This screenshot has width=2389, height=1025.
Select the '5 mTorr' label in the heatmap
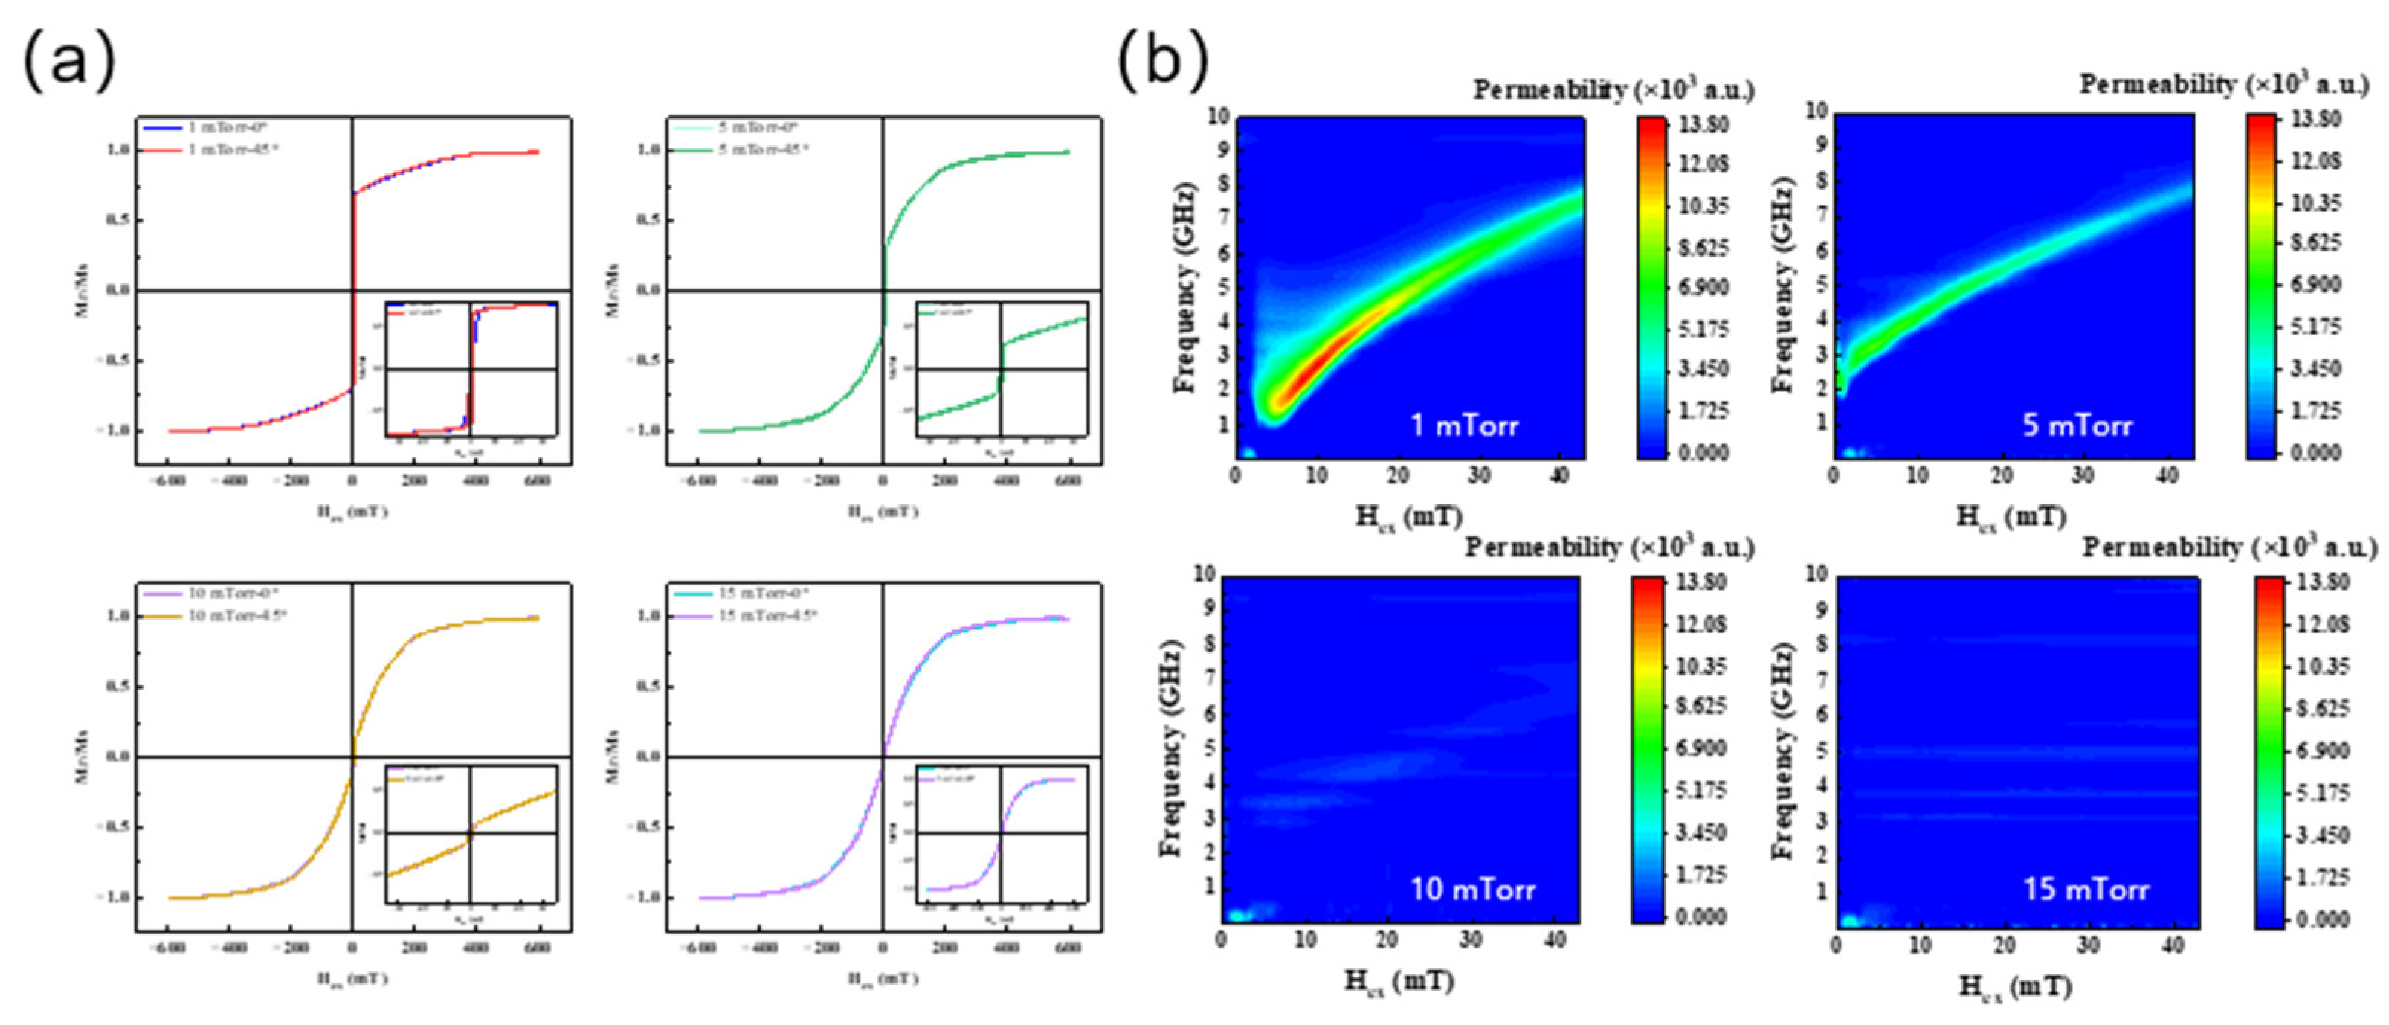[x=2077, y=425]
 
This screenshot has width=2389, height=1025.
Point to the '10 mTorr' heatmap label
[x=1473, y=890]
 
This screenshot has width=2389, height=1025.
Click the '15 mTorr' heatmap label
[x=2086, y=890]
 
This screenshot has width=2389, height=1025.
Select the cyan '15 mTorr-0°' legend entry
[x=742, y=593]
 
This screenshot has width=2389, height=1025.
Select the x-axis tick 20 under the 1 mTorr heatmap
[x=1398, y=476]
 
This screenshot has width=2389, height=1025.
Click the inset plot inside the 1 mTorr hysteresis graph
[x=471, y=369]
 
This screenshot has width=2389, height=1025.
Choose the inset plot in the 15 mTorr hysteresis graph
[x=1002, y=833]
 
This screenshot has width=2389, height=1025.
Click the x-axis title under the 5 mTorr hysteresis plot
[x=882, y=511]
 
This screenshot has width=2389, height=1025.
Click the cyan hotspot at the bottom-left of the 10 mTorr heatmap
[x=1237, y=915]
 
